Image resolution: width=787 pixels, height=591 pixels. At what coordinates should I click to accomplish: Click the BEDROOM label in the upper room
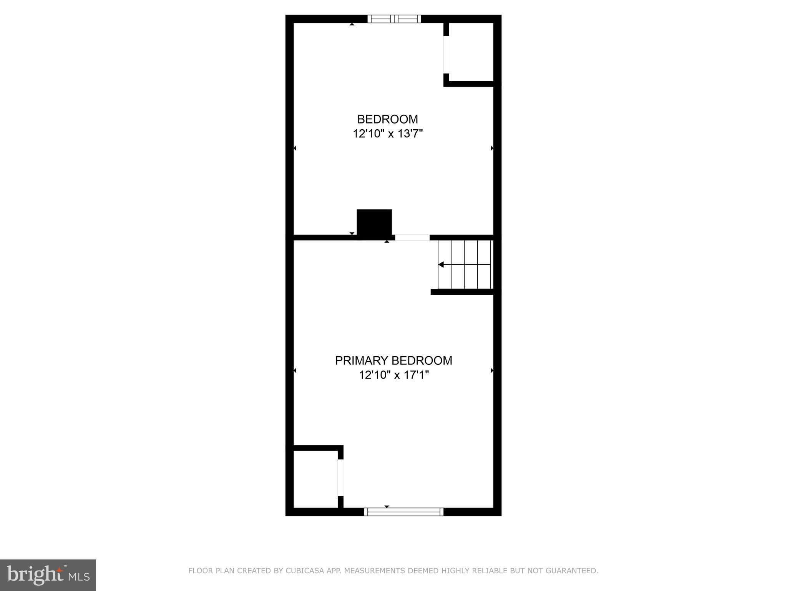click(x=387, y=119)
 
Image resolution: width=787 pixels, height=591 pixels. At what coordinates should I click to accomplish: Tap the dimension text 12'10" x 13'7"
click(x=387, y=134)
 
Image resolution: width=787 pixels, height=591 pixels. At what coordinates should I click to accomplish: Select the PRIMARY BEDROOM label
click(x=393, y=361)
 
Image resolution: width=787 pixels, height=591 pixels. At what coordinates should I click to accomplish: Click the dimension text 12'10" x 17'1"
click(x=393, y=375)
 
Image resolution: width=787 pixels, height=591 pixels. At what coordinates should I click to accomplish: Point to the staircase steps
click(x=465, y=264)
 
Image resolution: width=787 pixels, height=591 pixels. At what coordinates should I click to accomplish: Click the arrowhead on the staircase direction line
click(x=441, y=264)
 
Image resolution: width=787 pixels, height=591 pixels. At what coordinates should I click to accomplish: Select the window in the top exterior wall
click(x=394, y=19)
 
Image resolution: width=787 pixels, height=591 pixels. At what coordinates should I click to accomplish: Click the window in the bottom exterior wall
click(x=403, y=512)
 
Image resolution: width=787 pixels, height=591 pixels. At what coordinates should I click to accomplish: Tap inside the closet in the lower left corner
click(x=315, y=479)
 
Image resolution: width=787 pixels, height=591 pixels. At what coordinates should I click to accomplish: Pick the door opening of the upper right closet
click(x=446, y=55)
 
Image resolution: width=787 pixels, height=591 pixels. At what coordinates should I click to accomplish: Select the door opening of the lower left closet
click(x=340, y=477)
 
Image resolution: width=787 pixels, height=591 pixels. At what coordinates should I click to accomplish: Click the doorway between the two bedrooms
click(x=412, y=237)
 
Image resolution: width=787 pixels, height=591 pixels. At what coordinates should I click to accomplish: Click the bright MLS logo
click(x=48, y=575)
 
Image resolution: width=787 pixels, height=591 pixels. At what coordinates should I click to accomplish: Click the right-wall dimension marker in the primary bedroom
click(x=492, y=371)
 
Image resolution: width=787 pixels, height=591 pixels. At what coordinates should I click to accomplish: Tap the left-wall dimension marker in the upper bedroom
click(x=295, y=148)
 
